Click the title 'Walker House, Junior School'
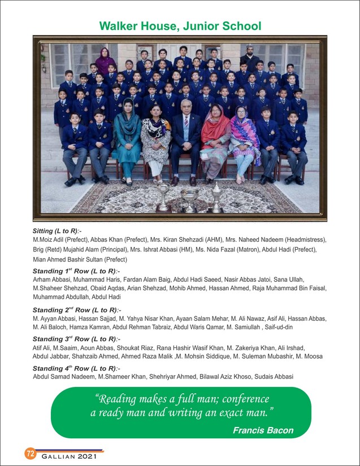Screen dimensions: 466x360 (180, 26)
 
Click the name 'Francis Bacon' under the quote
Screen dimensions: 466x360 (263, 430)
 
